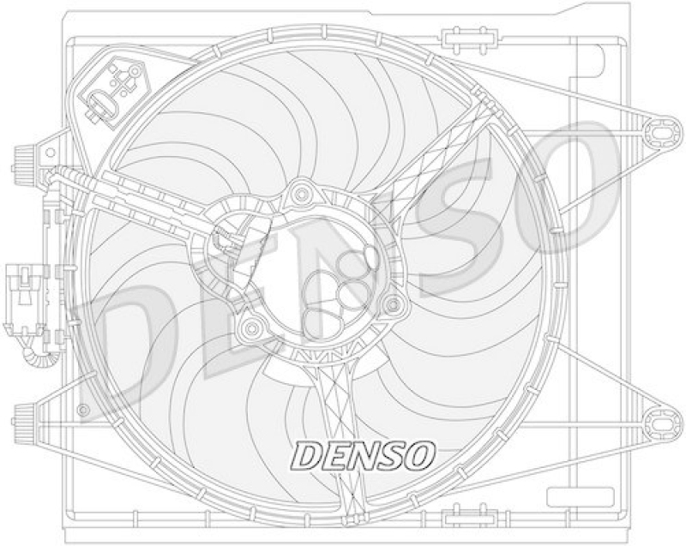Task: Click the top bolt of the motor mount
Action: click(301, 195)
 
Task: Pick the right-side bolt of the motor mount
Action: click(393, 303)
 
